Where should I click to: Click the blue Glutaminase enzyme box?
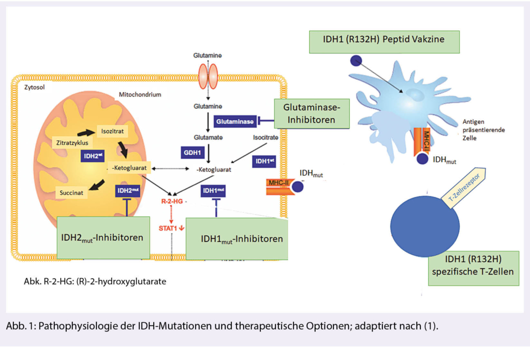tap(235, 122)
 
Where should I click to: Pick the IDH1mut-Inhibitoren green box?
tap(236, 238)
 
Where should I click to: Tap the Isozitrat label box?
tap(111, 133)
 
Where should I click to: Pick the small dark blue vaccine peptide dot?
tap(356, 61)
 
